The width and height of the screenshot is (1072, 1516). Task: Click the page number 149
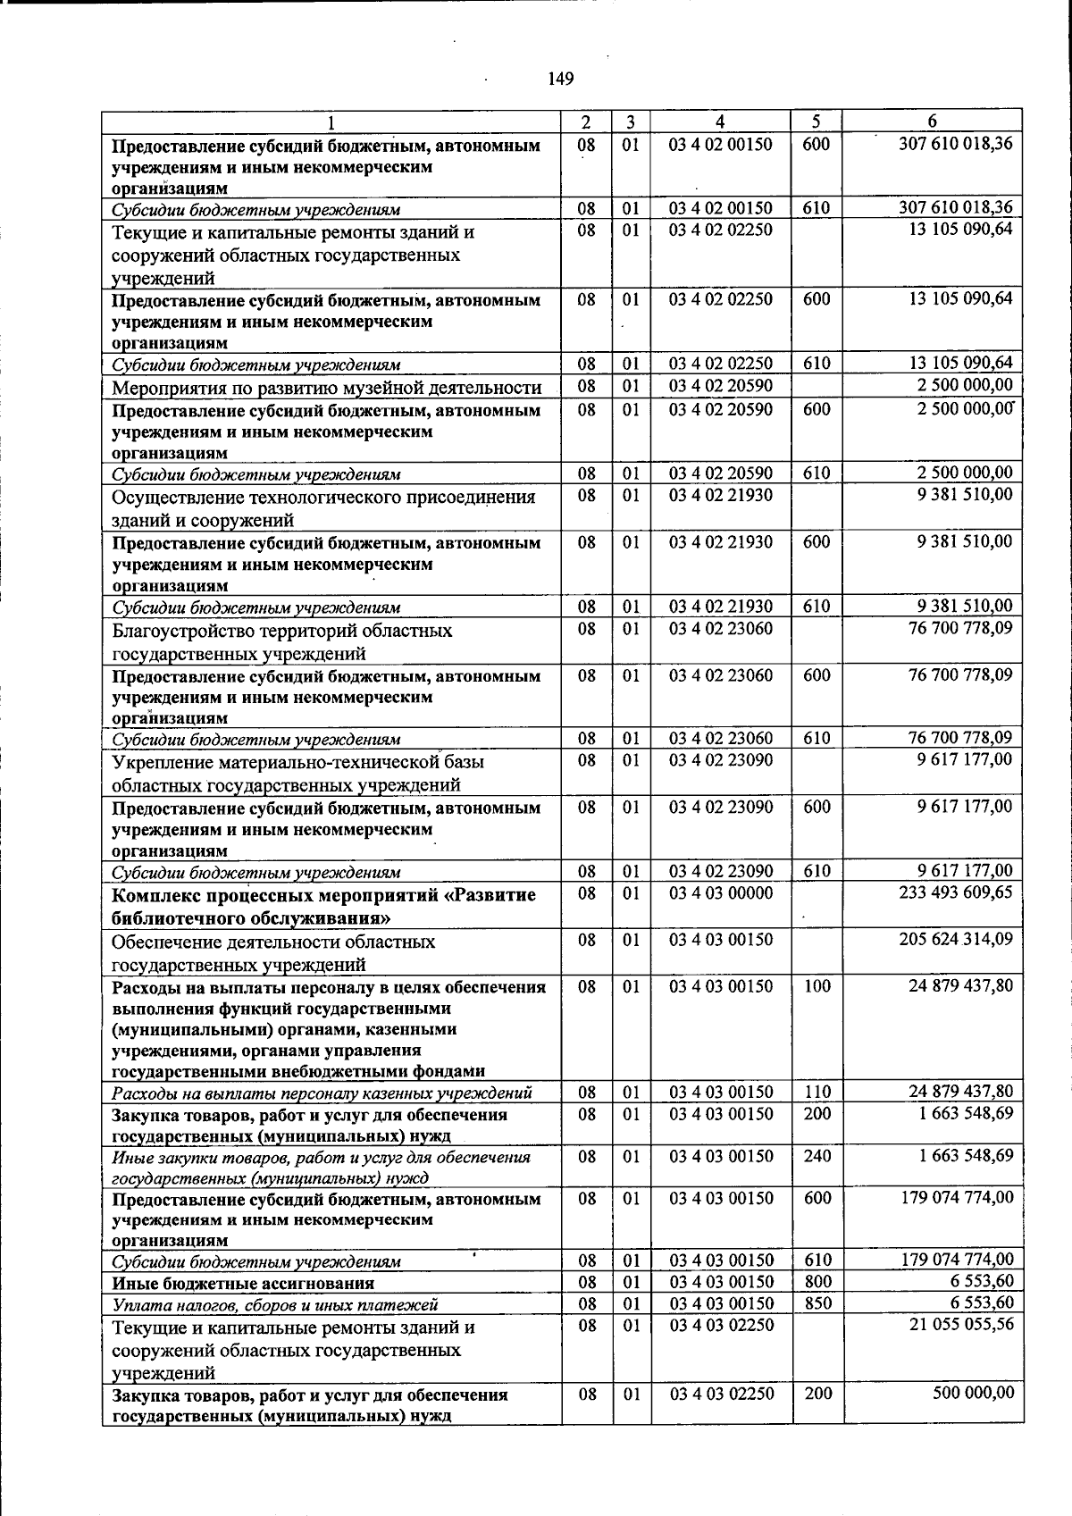tap(560, 79)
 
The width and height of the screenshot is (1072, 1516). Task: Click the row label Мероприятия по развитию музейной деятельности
tap(326, 387)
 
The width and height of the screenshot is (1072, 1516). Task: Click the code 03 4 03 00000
tap(722, 892)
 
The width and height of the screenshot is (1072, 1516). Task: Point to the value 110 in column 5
tap(817, 1092)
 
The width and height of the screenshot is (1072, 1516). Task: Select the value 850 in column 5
tap(817, 1303)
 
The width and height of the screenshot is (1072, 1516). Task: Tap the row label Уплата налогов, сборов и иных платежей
tap(275, 1304)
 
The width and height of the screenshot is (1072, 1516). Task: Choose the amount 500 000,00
tap(973, 1393)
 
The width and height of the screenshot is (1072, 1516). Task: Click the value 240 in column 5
tap(817, 1156)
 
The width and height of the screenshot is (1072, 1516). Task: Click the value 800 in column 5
tap(817, 1282)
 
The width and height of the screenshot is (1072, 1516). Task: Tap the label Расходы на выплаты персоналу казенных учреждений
tap(322, 1093)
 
